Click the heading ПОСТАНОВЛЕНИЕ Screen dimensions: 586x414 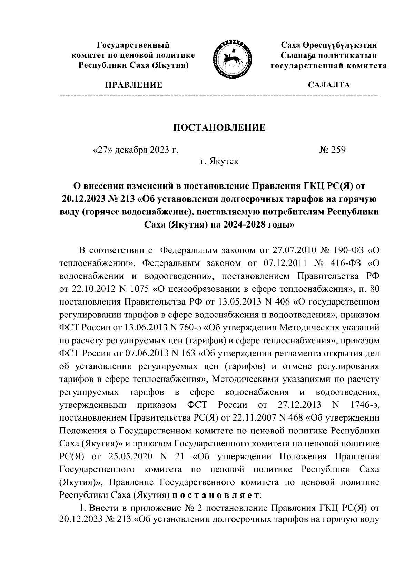(219, 128)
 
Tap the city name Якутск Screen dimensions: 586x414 (225, 161)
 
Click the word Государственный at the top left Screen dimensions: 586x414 (133, 45)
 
